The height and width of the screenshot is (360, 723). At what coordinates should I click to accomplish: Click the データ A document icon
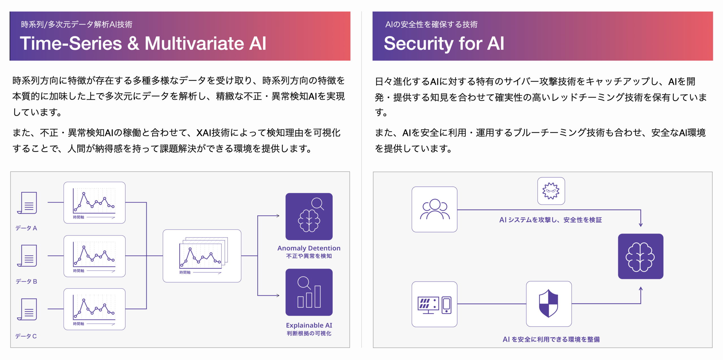click(x=27, y=203)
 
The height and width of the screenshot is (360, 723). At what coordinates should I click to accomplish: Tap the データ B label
click(x=26, y=281)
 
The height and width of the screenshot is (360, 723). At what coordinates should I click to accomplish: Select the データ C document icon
click(x=27, y=309)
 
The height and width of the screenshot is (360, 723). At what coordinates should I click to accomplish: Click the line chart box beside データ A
click(x=94, y=203)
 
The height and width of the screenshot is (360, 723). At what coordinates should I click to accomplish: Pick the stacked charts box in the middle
click(x=202, y=256)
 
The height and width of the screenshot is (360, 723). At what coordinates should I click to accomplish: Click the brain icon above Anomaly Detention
click(x=309, y=216)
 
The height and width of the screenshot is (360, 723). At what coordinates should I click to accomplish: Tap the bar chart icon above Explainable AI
click(x=309, y=292)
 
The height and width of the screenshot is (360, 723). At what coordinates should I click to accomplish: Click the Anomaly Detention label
click(x=309, y=248)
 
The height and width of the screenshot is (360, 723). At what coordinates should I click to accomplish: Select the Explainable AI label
click(x=309, y=325)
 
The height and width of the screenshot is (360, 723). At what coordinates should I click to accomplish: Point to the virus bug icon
click(x=551, y=191)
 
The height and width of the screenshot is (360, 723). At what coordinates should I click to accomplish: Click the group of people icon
click(x=434, y=209)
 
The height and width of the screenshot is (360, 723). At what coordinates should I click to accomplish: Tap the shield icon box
click(x=548, y=304)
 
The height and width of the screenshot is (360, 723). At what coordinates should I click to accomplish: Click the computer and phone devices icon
click(x=434, y=304)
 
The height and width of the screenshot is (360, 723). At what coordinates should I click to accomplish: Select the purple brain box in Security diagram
click(x=641, y=256)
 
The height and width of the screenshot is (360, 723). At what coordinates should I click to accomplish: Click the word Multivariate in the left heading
click(x=194, y=44)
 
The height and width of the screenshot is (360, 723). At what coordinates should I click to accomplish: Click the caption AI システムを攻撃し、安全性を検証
click(x=550, y=220)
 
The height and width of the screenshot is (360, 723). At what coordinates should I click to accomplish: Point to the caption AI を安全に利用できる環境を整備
click(x=551, y=339)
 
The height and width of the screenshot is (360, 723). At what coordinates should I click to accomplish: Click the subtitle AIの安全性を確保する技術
click(x=431, y=25)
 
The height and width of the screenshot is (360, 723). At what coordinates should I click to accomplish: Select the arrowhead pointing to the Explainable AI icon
click(x=278, y=296)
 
